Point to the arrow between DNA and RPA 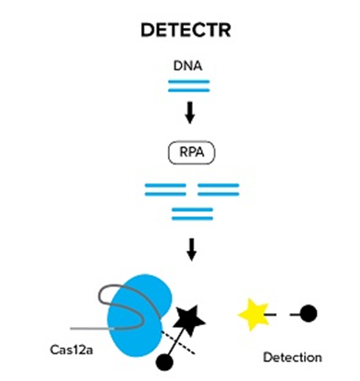point(189,113)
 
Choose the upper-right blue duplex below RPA point(219,189)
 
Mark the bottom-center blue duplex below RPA point(193,214)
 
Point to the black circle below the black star point(165,359)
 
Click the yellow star point(255,315)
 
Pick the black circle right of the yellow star point(309,314)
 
